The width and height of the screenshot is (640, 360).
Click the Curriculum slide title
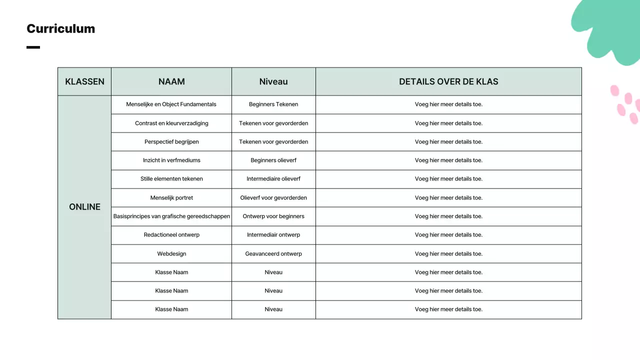(x=60, y=28)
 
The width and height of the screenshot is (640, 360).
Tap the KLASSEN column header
(x=84, y=81)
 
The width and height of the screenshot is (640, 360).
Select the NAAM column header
(x=171, y=81)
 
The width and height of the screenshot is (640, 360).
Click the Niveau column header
(x=273, y=81)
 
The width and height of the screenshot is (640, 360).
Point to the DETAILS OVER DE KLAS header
(x=448, y=81)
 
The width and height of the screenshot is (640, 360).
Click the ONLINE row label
(x=84, y=207)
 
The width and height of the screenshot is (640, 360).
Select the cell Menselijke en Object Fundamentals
(x=171, y=104)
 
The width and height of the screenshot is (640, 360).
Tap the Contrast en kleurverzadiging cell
(x=171, y=123)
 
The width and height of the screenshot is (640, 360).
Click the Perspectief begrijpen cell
(x=171, y=141)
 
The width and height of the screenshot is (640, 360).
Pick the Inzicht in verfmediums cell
(x=171, y=160)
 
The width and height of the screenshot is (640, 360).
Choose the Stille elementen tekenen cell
(x=171, y=179)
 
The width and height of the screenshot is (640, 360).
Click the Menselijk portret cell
(x=171, y=197)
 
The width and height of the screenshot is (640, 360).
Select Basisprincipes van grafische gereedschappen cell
(x=171, y=216)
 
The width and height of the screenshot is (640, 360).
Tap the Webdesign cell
(x=171, y=253)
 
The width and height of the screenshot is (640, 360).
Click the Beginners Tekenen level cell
(x=273, y=104)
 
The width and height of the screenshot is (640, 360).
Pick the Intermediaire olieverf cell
(x=273, y=179)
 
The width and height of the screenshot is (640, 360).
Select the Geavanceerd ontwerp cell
(x=273, y=253)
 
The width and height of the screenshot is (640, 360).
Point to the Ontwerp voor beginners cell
(x=273, y=216)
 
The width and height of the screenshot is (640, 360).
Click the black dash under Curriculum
(x=33, y=47)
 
